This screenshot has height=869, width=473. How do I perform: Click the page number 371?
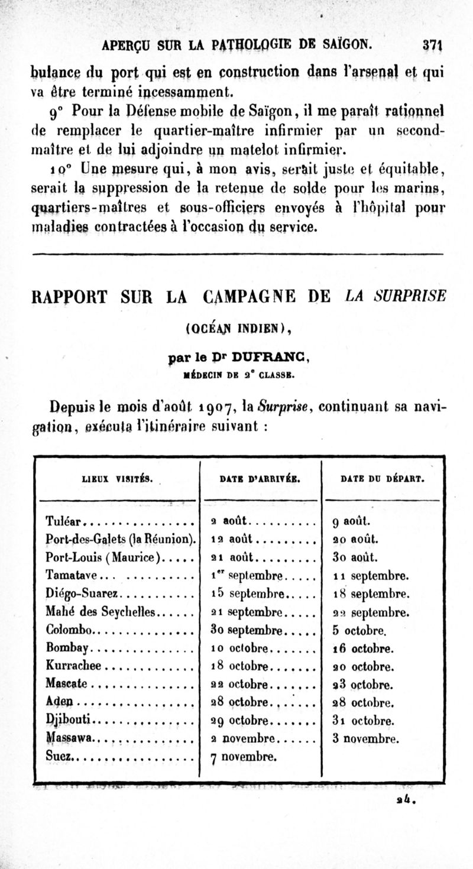(x=434, y=44)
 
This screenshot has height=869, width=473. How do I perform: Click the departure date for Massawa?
(x=367, y=738)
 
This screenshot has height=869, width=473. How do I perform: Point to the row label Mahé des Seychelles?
(x=99, y=612)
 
